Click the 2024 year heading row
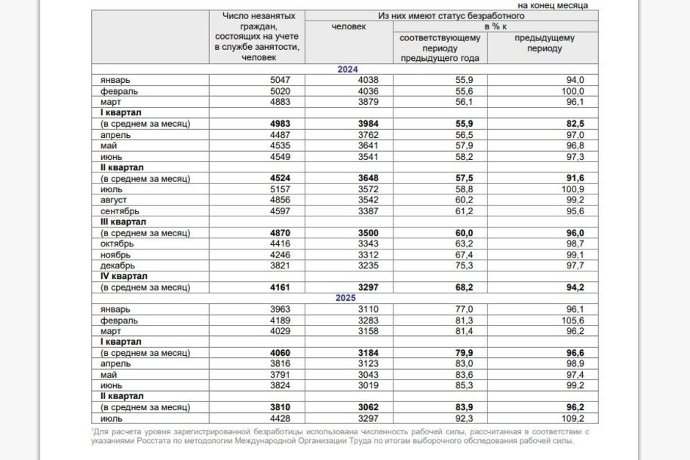347,69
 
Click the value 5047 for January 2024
283,80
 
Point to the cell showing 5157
283,189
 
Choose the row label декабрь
119,266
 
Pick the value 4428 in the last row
283,419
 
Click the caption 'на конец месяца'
553,5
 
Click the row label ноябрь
116,255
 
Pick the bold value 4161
282,288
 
